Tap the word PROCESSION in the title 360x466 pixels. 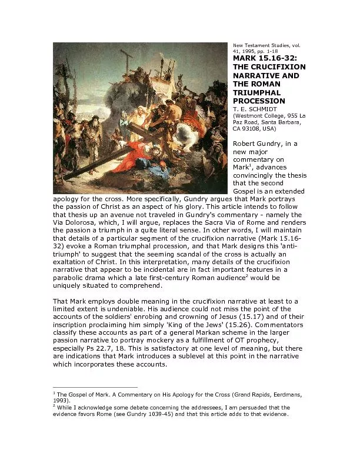point(259,101)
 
